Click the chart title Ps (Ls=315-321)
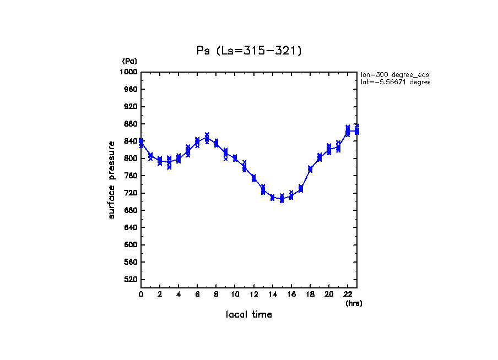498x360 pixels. [249, 51]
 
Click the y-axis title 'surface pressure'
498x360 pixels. [112, 179]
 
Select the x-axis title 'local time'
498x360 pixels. [249, 315]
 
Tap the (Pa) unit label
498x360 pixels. [129, 61]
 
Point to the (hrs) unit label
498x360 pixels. [354, 303]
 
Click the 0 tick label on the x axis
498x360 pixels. [141, 294]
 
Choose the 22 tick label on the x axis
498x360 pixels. [348, 294]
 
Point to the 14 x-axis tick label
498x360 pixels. [272, 294]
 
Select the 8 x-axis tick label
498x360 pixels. [216, 294]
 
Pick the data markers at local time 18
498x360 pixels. [310, 169]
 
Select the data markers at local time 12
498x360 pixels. [253, 178]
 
